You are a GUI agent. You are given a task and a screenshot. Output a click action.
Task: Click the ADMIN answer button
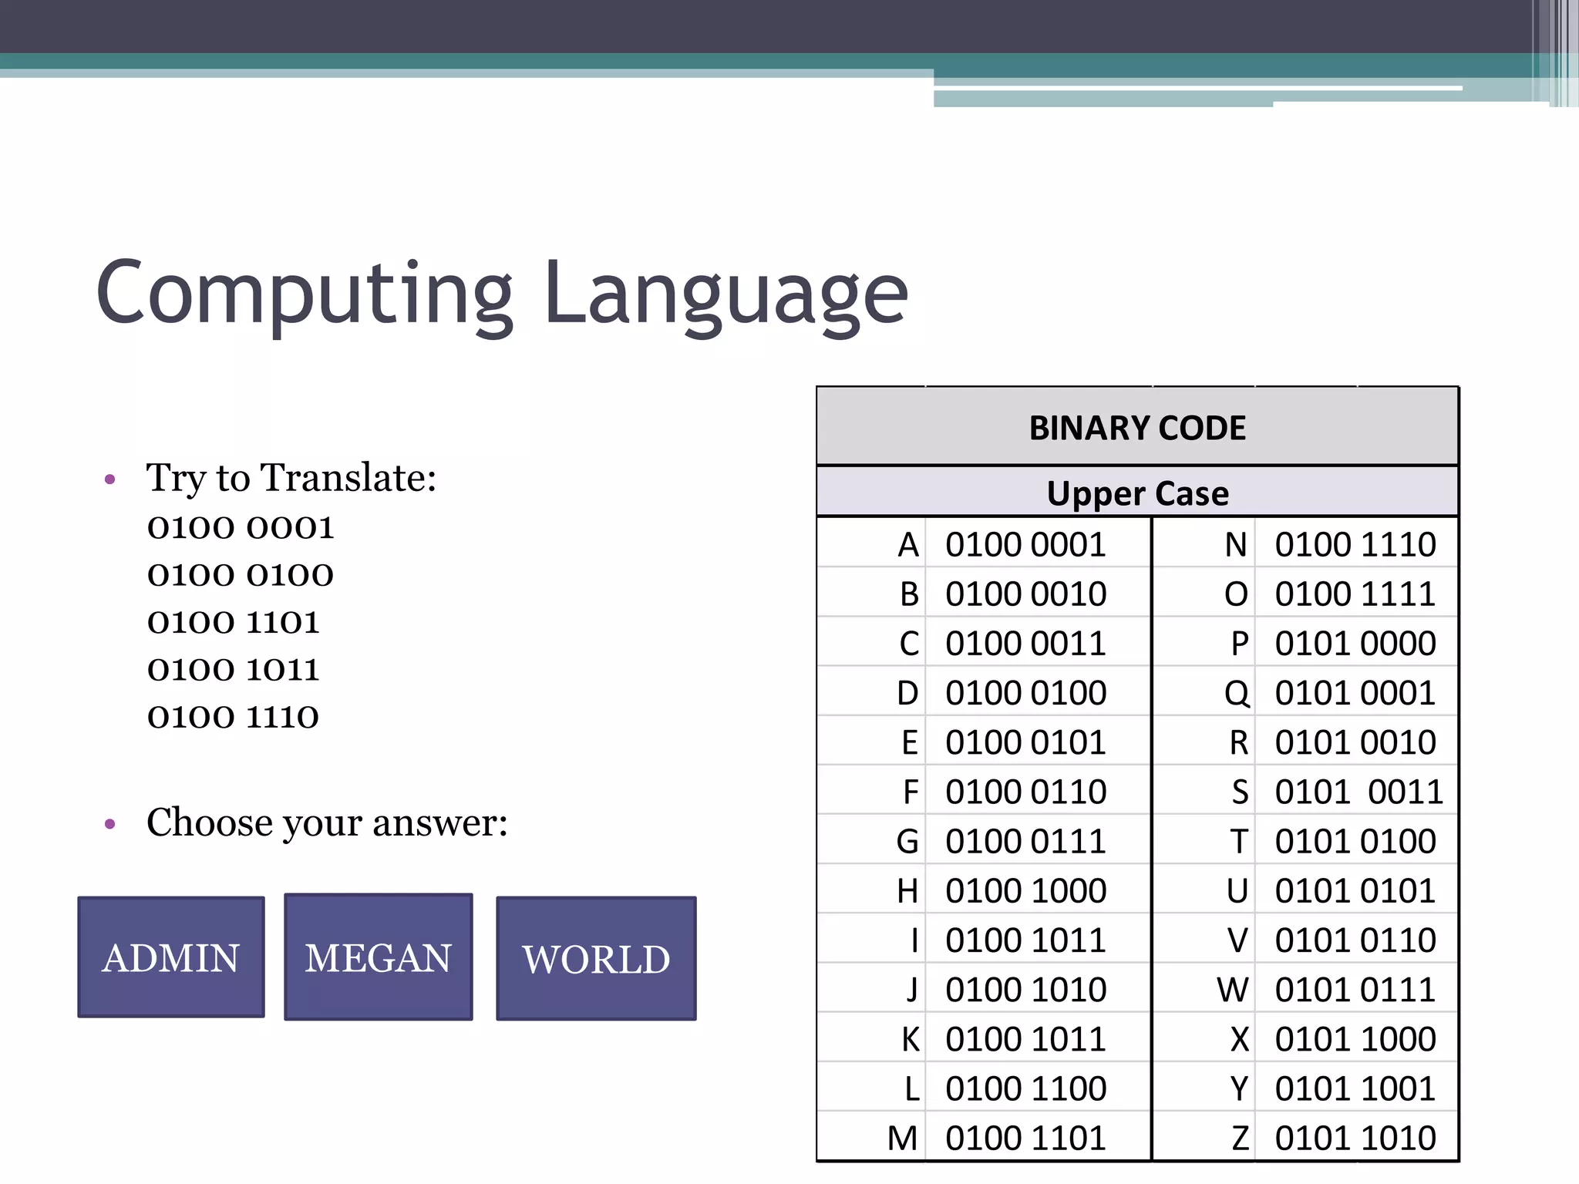(170, 957)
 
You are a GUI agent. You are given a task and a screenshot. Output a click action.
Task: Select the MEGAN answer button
(378, 957)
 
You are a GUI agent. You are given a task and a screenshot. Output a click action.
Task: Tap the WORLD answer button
(596, 959)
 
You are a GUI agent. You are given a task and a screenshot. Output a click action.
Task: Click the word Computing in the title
(305, 293)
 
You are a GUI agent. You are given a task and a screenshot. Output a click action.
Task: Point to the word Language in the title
(726, 293)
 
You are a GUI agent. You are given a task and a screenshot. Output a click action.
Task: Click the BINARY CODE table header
(1137, 428)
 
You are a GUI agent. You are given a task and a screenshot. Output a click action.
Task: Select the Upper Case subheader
(1137, 493)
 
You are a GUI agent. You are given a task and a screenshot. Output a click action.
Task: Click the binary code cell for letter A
(1025, 545)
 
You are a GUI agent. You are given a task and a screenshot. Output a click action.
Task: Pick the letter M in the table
(902, 1139)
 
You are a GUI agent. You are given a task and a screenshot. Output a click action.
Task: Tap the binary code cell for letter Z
(1355, 1139)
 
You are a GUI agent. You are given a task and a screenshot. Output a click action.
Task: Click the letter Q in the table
(1237, 693)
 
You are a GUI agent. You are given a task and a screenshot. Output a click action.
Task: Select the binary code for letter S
(1358, 792)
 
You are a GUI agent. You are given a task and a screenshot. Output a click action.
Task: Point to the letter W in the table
(1233, 990)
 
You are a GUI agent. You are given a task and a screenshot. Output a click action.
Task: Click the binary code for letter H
(1025, 891)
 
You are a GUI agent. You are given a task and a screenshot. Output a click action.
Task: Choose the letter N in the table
(1236, 545)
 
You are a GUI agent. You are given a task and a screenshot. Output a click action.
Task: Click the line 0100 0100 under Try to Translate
(241, 575)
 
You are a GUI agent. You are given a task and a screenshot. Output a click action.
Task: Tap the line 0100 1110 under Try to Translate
(233, 717)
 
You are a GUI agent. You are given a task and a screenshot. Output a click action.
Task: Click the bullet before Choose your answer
(109, 824)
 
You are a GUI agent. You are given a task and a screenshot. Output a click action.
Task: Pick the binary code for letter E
(1025, 742)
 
